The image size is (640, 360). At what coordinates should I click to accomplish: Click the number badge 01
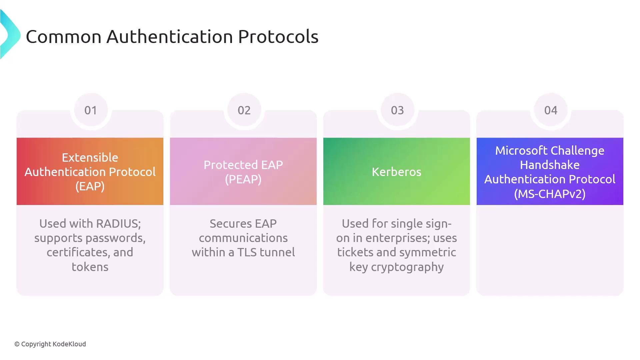point(91,110)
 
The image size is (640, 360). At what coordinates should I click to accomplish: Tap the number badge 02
point(244,110)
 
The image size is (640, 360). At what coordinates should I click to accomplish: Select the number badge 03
point(397,110)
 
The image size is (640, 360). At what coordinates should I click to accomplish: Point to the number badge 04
point(551,110)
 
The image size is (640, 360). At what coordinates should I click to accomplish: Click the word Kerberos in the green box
point(397,172)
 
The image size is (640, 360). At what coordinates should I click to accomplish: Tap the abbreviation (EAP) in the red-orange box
point(90,186)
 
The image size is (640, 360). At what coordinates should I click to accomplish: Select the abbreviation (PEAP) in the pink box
point(243,179)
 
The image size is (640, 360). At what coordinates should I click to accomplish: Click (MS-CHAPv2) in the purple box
point(550,194)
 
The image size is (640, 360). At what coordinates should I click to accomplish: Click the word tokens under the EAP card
point(90,267)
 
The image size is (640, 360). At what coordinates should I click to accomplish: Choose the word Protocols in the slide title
point(278,36)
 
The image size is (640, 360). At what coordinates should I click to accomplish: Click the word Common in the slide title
point(64,36)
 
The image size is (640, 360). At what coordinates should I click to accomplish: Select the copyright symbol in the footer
point(17,344)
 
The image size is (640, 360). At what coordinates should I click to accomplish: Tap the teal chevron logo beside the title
point(10,34)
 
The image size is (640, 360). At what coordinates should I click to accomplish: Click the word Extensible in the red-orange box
point(90,157)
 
